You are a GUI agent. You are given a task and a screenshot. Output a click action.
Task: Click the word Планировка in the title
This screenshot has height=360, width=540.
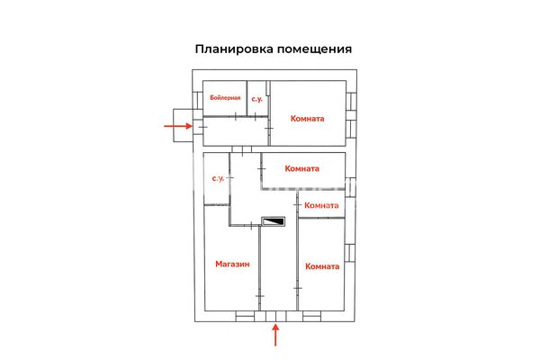tap(235, 49)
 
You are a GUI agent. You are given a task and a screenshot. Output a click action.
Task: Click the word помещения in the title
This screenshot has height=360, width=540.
tap(315, 49)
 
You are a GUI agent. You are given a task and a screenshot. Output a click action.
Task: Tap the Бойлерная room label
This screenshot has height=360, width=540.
tap(225, 98)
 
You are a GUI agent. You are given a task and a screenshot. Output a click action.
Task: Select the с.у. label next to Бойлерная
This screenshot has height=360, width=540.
tap(256, 99)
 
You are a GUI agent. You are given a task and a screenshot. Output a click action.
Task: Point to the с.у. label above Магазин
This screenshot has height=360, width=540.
tap(218, 178)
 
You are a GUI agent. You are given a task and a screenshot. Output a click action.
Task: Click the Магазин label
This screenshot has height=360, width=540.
tap(232, 265)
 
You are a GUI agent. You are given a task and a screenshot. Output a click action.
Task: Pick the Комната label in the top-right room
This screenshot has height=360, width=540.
tap(307, 119)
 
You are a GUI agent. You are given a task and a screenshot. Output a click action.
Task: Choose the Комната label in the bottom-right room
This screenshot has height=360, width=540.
tap(322, 266)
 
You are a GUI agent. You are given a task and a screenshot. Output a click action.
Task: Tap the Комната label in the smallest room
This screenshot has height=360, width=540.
tap(321, 205)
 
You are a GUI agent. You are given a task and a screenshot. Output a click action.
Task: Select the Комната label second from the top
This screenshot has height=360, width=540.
tap(302, 168)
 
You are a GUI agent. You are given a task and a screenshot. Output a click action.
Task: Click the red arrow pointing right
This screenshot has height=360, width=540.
tap(177, 126)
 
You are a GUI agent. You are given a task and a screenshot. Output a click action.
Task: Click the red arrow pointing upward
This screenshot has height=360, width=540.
tap(275, 335)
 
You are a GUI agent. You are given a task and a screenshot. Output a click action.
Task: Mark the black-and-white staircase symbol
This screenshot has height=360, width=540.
tap(274, 221)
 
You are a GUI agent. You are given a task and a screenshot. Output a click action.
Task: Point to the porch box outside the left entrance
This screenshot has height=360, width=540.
tap(183, 125)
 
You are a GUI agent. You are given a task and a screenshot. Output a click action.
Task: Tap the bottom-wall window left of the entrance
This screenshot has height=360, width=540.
tap(245, 316)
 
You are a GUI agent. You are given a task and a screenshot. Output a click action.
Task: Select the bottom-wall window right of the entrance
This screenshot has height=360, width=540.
tap(311, 316)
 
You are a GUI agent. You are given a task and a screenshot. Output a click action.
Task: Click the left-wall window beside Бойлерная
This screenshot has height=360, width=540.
tap(198, 100)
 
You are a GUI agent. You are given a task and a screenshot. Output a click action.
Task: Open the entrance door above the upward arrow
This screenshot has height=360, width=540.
tap(276, 316)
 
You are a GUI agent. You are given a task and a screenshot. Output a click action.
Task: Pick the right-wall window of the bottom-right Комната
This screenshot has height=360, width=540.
tap(349, 253)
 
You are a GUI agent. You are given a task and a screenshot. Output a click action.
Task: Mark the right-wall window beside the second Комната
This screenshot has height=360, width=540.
tap(350, 187)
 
